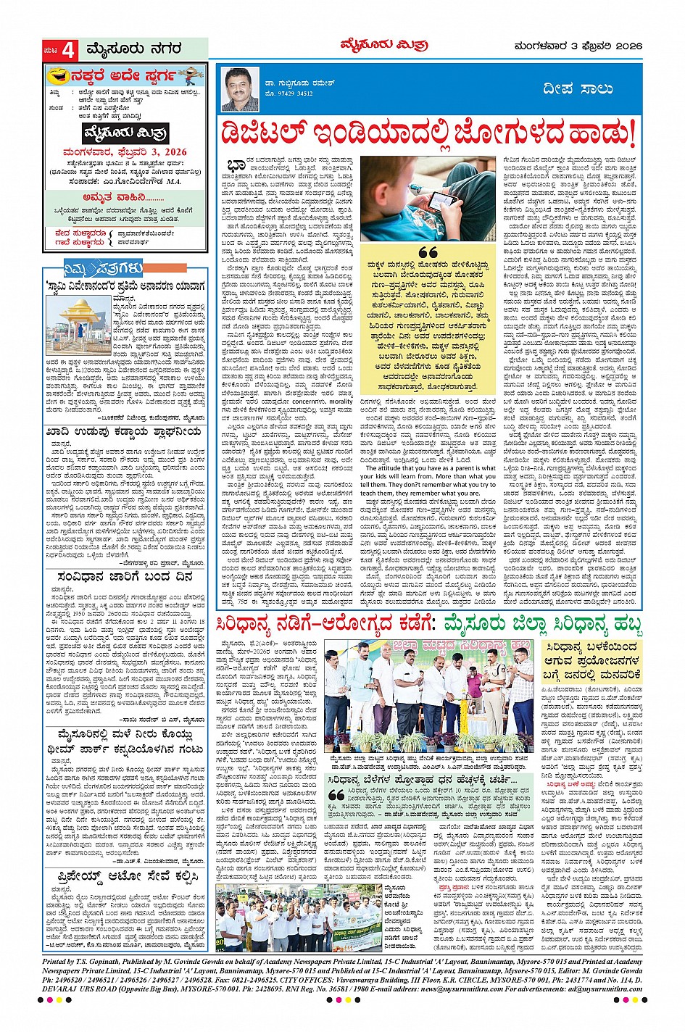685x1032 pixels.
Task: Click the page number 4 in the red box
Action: point(67,51)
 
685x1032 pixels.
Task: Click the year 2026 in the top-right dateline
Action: point(627,46)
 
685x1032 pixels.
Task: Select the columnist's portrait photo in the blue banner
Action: point(241,88)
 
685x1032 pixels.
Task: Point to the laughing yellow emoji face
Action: point(57,75)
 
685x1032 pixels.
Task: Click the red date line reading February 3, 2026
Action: point(125,152)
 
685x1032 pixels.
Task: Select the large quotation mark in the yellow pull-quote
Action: point(428,252)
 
